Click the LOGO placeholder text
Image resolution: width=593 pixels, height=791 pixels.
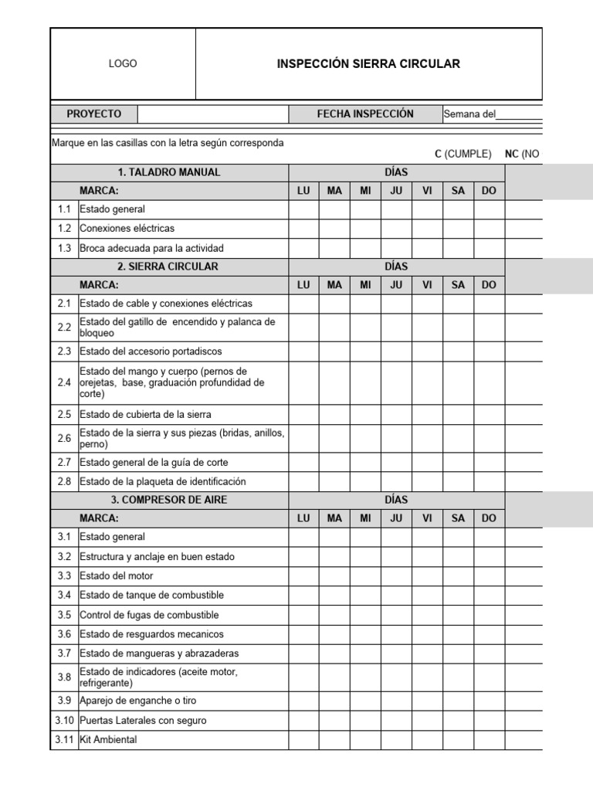click(123, 64)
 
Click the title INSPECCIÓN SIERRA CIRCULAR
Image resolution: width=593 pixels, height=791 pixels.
click(368, 64)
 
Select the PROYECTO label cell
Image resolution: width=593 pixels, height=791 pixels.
click(93, 114)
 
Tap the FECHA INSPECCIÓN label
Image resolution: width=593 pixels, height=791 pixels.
click(365, 114)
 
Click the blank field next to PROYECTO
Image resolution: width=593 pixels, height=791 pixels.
click(213, 114)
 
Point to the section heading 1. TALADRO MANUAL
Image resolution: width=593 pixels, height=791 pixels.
click(169, 172)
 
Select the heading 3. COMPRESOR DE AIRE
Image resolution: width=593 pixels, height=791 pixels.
click(169, 500)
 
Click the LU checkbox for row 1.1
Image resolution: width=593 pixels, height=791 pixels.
click(303, 209)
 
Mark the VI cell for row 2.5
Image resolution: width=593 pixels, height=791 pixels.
click(427, 414)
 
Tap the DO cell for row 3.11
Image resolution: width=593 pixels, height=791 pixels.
click(489, 740)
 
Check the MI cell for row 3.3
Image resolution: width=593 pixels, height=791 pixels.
click(365, 576)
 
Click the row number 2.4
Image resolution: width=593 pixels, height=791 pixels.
click(64, 382)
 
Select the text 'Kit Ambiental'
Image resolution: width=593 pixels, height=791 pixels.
click(108, 740)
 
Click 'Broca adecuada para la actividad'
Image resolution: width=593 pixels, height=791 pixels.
click(151, 249)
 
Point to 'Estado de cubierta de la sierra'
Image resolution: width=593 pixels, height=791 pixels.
click(145, 414)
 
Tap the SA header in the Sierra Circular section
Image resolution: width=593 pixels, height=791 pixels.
click(458, 285)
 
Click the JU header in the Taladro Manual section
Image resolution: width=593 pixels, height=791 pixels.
click(396, 191)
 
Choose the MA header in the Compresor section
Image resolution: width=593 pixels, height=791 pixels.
click(334, 518)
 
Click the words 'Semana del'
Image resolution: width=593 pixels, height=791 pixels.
click(469, 114)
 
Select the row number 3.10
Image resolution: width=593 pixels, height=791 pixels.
click(64, 721)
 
